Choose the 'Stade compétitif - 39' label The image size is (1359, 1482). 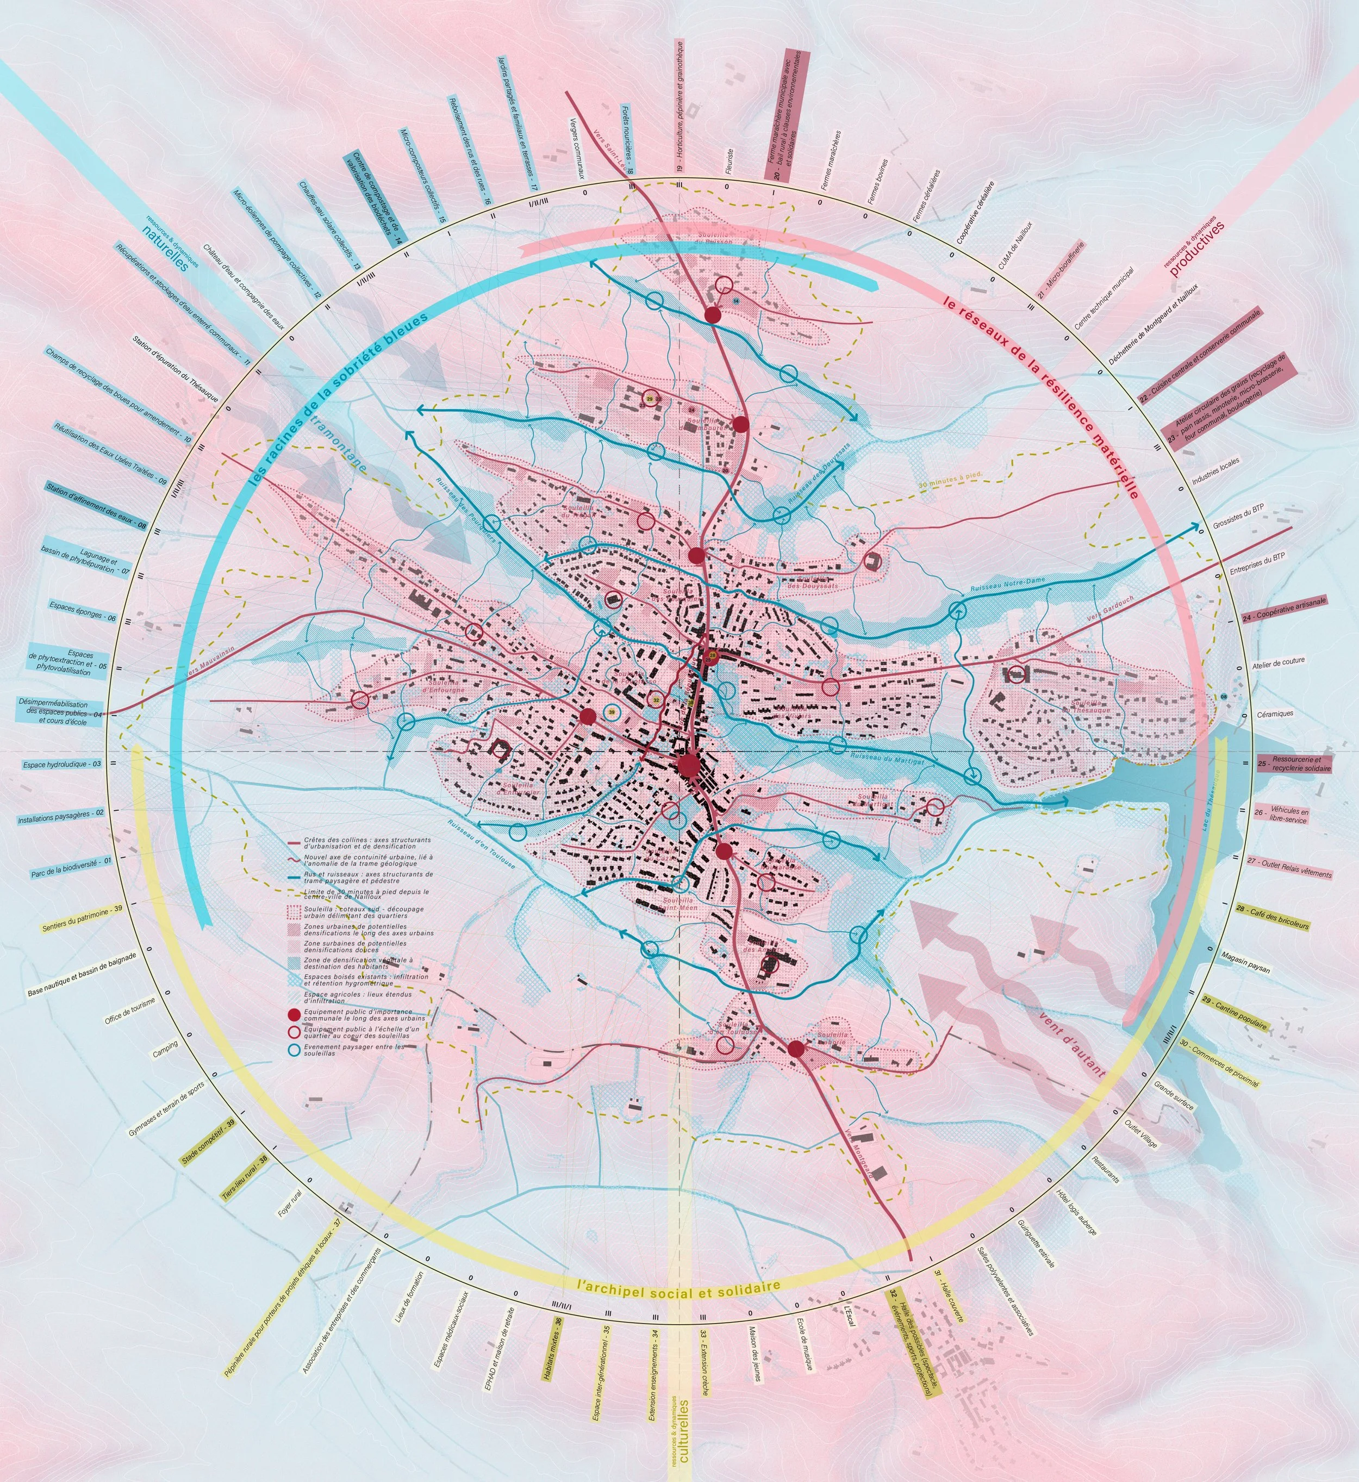pyautogui.click(x=208, y=1143)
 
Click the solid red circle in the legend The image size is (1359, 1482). pyautogui.click(x=294, y=1013)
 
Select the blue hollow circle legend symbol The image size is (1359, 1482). pyautogui.click(x=294, y=1049)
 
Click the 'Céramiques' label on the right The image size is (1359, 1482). pyautogui.click(x=1274, y=714)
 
